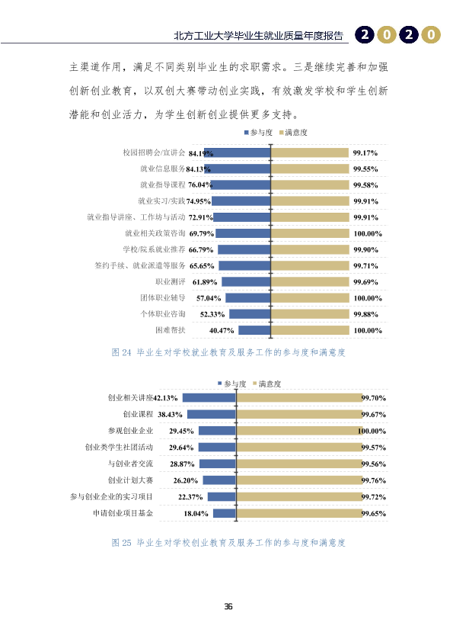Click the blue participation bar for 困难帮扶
coord(254,330)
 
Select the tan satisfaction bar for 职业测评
coord(310,281)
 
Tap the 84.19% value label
coord(201,153)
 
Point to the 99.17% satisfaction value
coord(365,153)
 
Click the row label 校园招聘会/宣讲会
coord(154,152)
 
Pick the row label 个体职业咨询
coord(163,314)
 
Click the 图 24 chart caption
coord(228,352)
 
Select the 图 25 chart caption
coord(228,543)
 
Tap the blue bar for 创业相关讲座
coord(209,397)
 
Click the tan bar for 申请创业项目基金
coord(299,513)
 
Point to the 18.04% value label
coord(196,513)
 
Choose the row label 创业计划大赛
coord(130,480)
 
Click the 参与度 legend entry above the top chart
coord(258,132)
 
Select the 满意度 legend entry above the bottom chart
coord(267,384)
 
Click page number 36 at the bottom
coord(228,606)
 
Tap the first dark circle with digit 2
coord(365,35)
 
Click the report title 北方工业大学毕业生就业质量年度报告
coord(258,36)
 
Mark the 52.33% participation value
coord(212,314)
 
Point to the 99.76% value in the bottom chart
coord(374,480)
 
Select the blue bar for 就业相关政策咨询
coord(243,233)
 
